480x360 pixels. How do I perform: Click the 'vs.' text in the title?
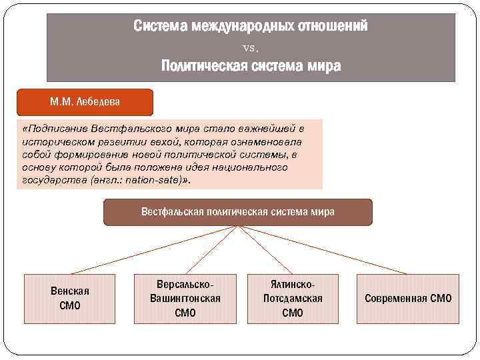[x=251, y=47]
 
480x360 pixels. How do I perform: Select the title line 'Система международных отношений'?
[x=251, y=27]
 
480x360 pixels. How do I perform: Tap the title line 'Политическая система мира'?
[x=251, y=66]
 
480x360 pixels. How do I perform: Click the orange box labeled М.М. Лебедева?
[x=85, y=103]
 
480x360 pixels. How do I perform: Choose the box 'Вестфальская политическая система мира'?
[x=238, y=212]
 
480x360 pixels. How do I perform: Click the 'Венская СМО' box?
[x=69, y=298]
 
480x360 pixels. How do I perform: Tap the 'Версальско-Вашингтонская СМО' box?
[x=185, y=298]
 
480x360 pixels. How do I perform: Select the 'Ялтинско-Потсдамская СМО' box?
[x=293, y=298]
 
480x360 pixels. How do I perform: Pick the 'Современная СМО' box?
[x=407, y=298]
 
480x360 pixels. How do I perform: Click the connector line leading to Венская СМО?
[x=153, y=249]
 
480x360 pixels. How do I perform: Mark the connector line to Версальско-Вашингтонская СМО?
[x=211, y=249]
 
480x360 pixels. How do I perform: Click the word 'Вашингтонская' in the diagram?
[x=185, y=298]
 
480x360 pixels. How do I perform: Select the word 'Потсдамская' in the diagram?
[x=293, y=298]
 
